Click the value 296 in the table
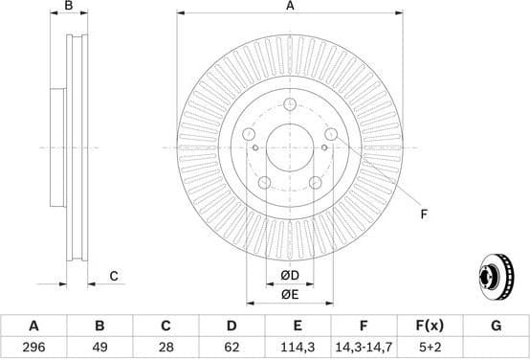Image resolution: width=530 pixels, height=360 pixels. [33, 348]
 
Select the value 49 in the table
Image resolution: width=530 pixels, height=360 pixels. [99, 348]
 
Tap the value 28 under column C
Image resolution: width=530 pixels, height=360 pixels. [165, 348]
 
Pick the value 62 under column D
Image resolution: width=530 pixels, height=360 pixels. [231, 348]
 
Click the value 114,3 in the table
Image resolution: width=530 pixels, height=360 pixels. [298, 348]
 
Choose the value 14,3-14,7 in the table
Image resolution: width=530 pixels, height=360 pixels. [364, 348]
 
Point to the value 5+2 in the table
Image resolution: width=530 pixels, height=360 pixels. [430, 348]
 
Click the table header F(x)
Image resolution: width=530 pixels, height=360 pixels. [430, 326]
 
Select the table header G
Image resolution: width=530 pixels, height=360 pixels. [496, 326]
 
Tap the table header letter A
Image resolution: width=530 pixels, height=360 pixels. [33, 326]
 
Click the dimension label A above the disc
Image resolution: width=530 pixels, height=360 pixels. [290, 8]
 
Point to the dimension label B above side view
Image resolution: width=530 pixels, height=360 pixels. [67, 8]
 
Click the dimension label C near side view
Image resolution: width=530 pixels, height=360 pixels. [113, 277]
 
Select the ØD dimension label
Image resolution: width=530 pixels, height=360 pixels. [290, 277]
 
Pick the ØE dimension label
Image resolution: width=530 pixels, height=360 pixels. [290, 296]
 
